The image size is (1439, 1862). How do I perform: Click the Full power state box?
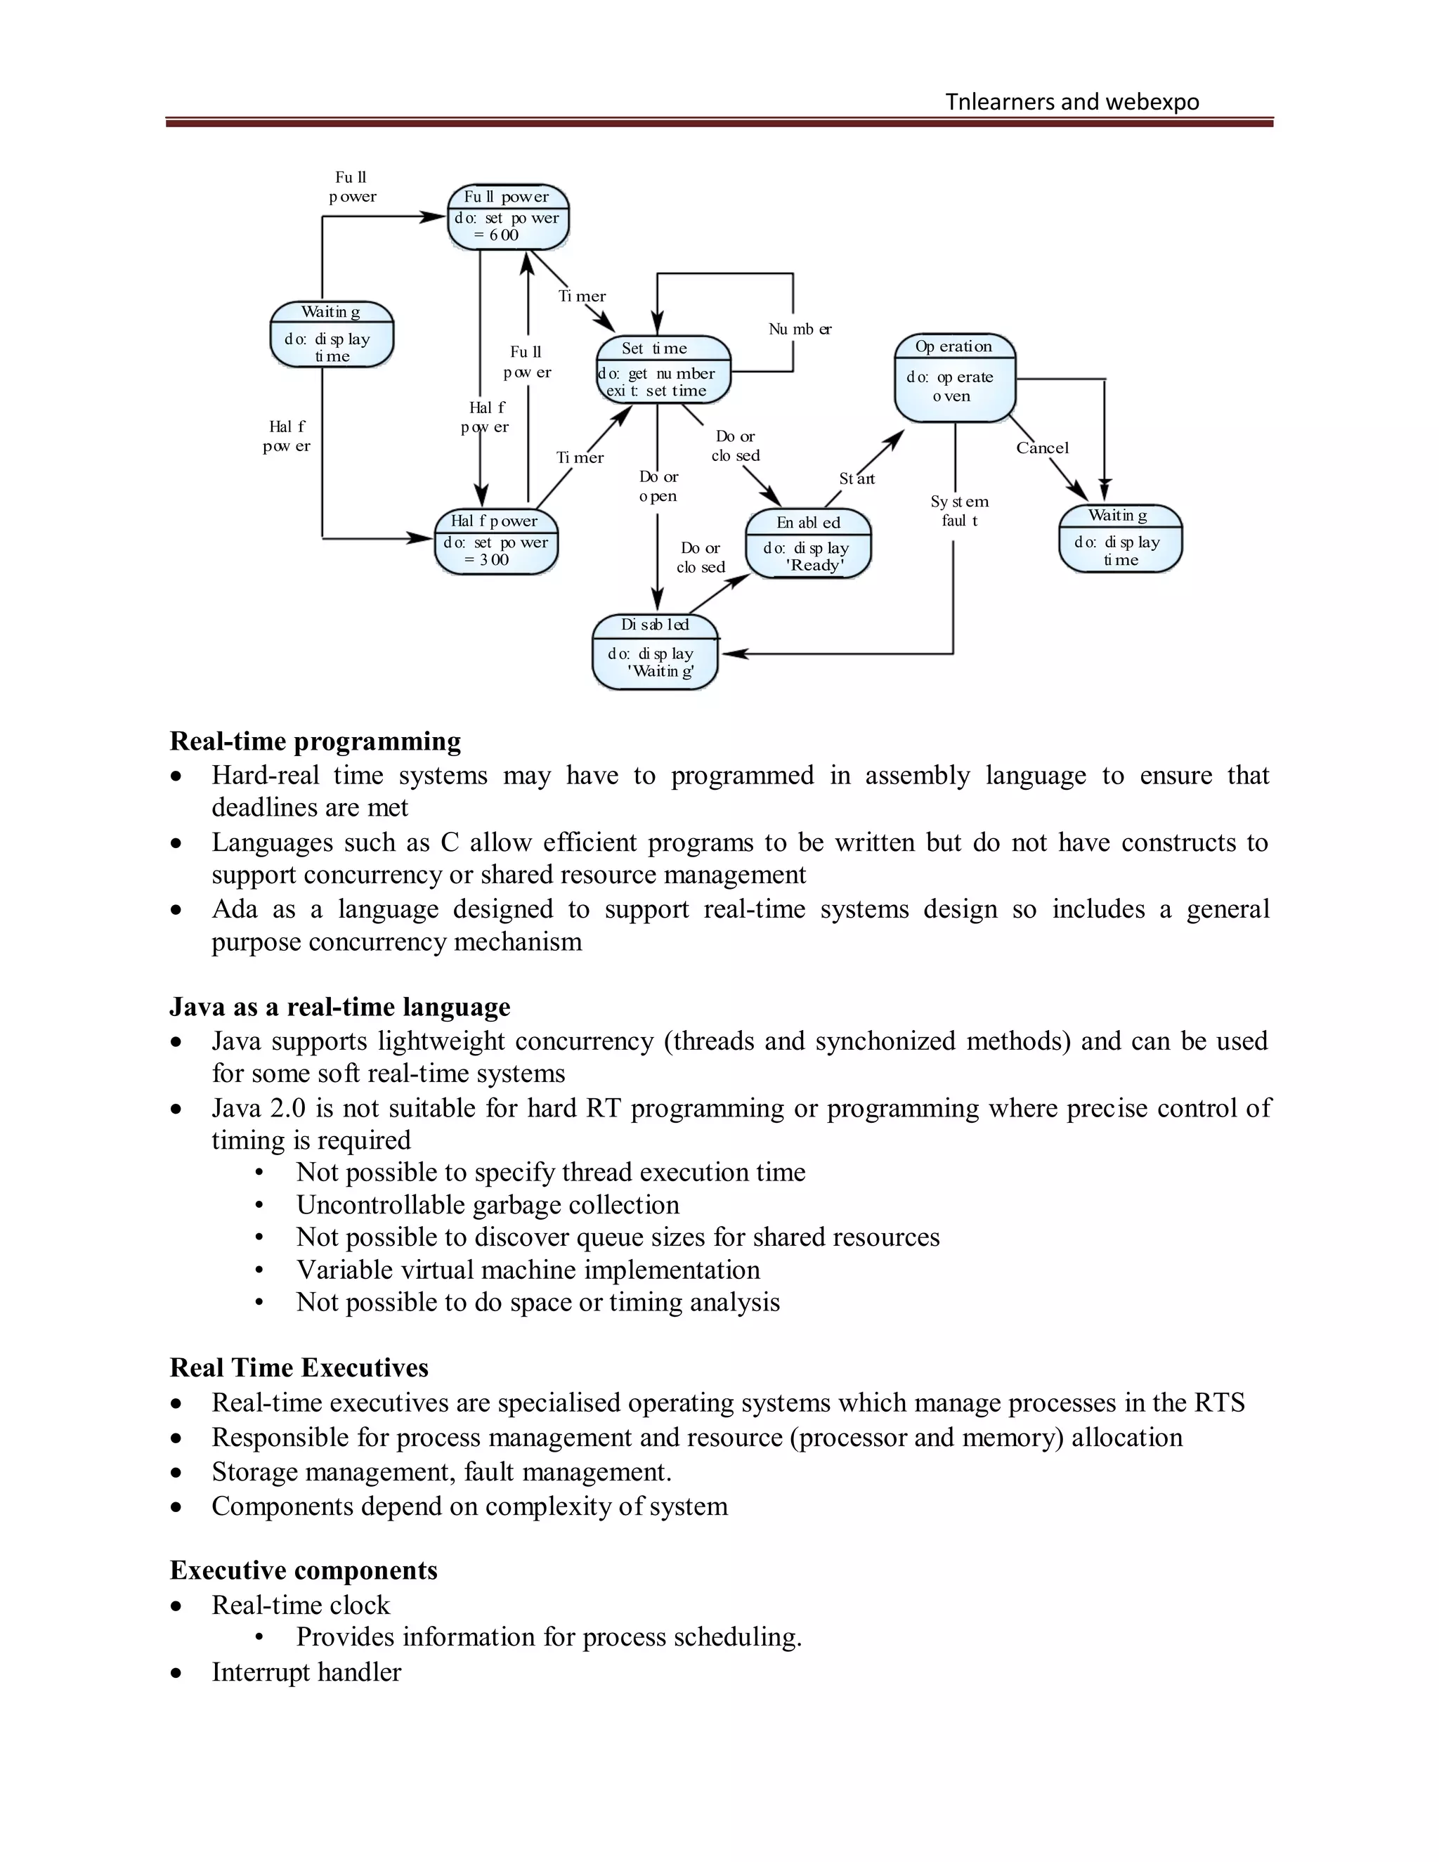click(x=508, y=217)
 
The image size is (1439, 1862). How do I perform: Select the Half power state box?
click(x=495, y=542)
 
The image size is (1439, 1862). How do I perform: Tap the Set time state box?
click(x=663, y=370)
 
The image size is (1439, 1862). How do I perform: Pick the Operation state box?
click(x=955, y=378)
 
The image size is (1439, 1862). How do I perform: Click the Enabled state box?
click(x=808, y=544)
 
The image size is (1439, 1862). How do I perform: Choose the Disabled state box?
click(x=655, y=652)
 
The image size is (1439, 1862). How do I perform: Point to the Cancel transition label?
click(x=1042, y=448)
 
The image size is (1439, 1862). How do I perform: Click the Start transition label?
click(x=857, y=479)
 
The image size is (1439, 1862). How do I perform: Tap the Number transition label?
click(x=800, y=329)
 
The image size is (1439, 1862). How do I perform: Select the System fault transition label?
click(x=959, y=511)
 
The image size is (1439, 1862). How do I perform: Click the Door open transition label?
click(x=658, y=486)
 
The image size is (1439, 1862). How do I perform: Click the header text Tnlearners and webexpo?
click(x=1072, y=103)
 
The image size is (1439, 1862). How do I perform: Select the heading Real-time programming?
click(x=315, y=741)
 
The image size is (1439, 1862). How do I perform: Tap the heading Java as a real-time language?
click(x=339, y=1007)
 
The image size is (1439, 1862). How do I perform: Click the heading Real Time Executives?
click(x=299, y=1367)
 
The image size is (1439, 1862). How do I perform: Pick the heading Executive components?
click(x=304, y=1570)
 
